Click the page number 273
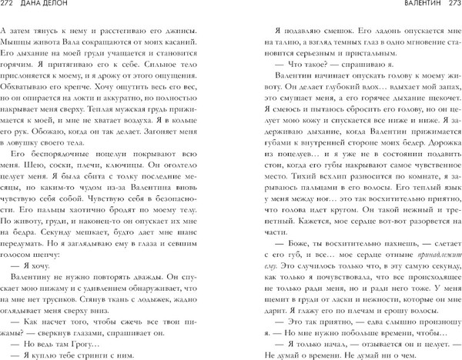[x=450, y=7]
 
